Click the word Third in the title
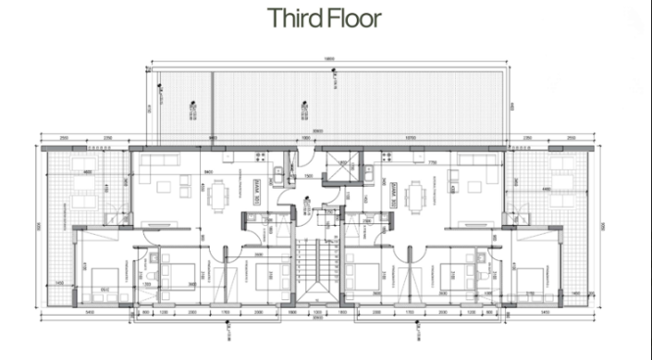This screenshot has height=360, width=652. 292,18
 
